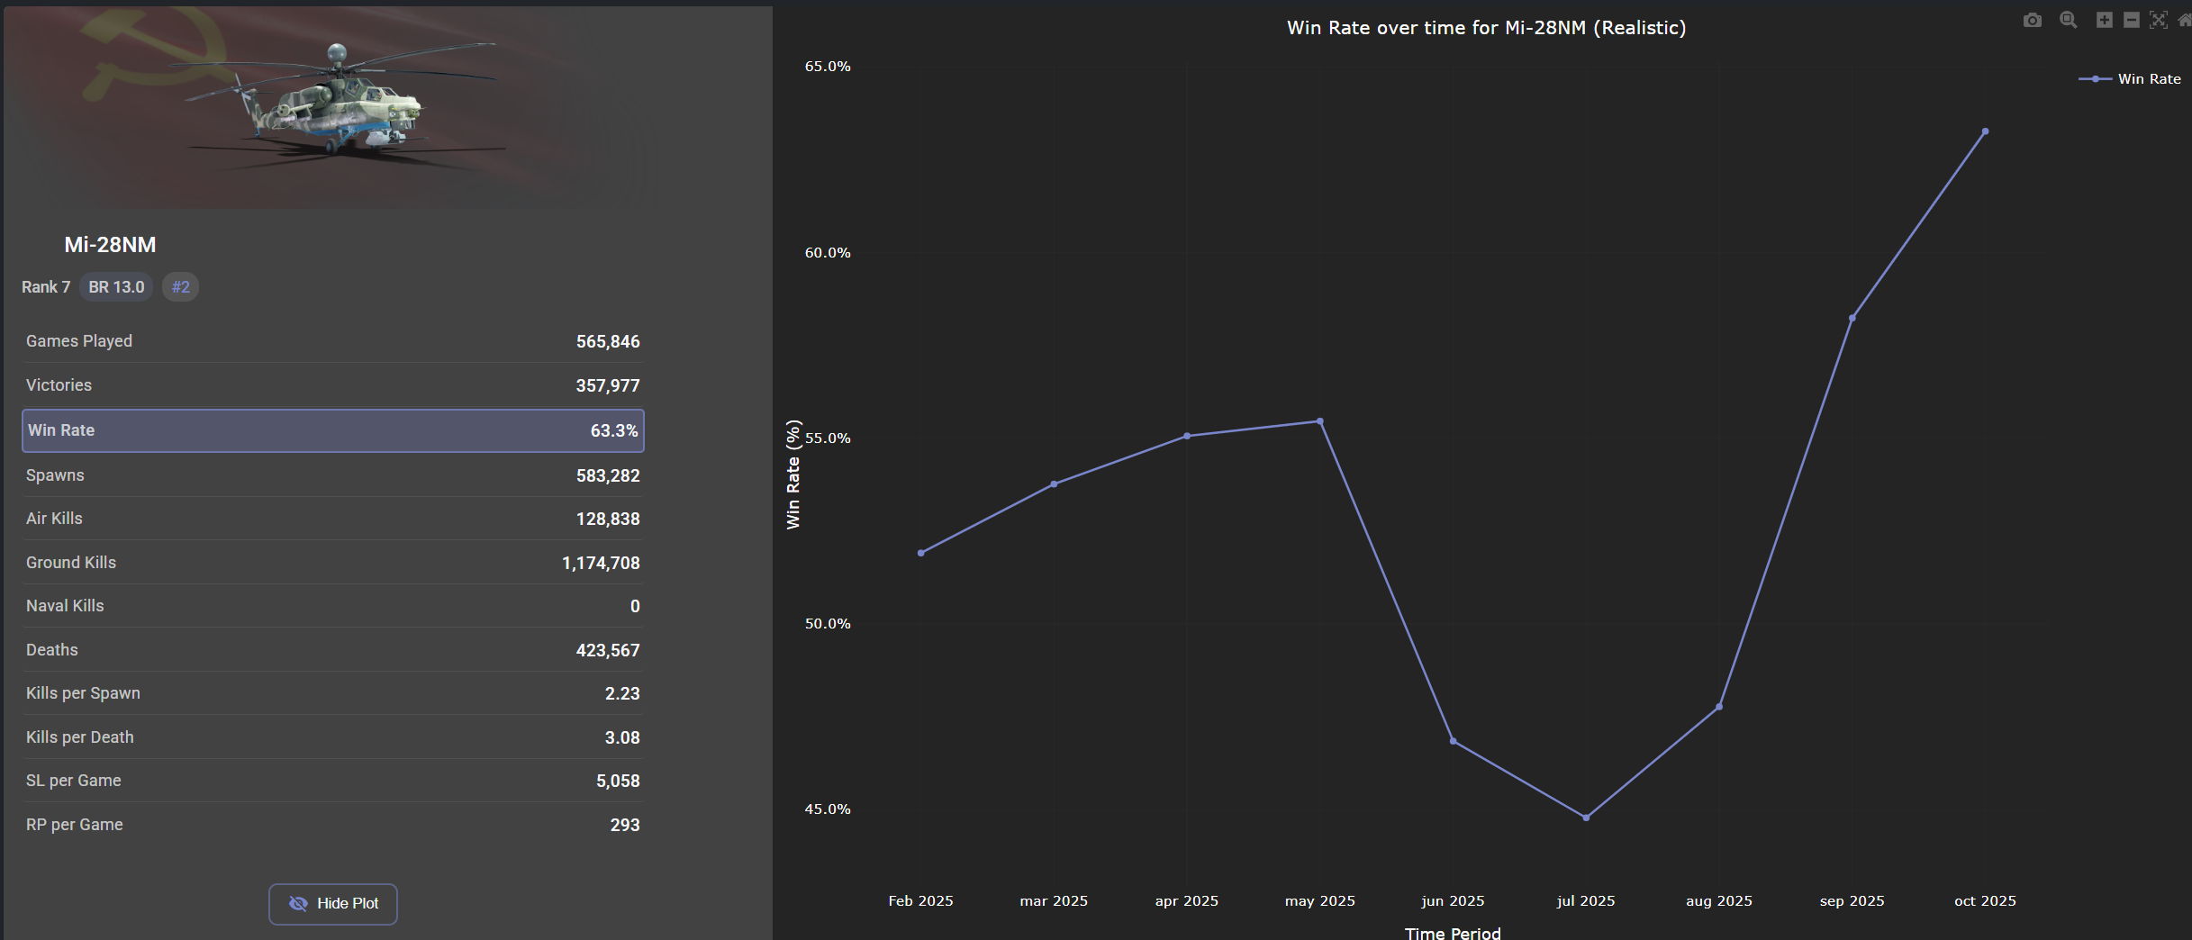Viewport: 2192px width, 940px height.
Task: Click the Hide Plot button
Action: click(x=333, y=903)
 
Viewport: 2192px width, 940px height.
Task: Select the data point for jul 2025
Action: click(x=1586, y=818)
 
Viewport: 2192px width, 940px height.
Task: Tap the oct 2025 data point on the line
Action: click(x=1985, y=131)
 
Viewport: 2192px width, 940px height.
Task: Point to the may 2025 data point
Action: click(x=1320, y=421)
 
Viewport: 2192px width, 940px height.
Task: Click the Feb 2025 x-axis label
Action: click(x=920, y=900)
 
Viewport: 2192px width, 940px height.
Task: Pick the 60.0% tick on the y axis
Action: click(x=828, y=253)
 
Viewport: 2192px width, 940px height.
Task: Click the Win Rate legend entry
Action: click(x=2148, y=79)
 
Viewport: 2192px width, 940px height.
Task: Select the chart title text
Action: click(x=1486, y=28)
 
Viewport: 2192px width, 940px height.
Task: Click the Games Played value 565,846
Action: click(x=608, y=342)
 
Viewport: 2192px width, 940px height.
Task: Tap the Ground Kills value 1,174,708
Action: click(x=601, y=564)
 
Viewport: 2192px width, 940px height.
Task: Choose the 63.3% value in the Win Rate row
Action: click(x=613, y=431)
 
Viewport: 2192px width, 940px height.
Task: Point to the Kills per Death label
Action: click(x=80, y=737)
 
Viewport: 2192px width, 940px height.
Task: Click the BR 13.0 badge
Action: click(x=116, y=287)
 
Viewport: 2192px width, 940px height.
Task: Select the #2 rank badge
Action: click(x=181, y=287)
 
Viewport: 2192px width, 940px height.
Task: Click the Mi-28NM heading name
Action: click(x=110, y=245)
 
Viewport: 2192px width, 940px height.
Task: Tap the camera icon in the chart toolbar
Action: click(x=2033, y=20)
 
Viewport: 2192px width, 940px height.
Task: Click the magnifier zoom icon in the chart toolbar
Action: click(x=2069, y=20)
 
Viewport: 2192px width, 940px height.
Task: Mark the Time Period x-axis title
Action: click(x=1453, y=933)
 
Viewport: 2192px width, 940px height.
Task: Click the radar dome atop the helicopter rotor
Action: click(x=337, y=51)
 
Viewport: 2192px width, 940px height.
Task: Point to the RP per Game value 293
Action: click(x=624, y=826)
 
